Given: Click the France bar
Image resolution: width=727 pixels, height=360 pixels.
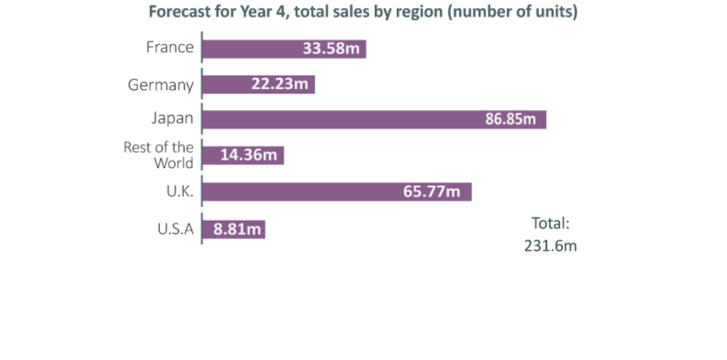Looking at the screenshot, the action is point(284,49).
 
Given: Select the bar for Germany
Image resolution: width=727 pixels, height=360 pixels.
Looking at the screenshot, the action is point(258,84).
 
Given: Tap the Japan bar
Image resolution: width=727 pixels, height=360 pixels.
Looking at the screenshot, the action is point(374,119).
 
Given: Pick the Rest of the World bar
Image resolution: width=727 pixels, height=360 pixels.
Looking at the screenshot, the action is point(243,155).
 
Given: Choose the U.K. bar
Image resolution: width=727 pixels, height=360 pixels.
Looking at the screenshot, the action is point(337,191).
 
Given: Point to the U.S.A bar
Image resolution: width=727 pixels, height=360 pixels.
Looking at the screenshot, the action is point(233,229).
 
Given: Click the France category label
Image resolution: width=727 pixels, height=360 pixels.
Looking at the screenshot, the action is point(170,47).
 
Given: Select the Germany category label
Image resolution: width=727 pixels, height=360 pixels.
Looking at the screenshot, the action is point(161,86).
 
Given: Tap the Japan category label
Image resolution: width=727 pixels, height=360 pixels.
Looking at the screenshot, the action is point(172,119).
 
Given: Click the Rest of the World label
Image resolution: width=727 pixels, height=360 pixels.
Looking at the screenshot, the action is point(159,155).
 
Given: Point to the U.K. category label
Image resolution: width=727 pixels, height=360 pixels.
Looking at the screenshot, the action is point(180,191).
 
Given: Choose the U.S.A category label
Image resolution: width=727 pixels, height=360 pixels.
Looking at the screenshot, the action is point(175,229).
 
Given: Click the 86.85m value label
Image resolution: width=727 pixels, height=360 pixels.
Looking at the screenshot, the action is point(511,119).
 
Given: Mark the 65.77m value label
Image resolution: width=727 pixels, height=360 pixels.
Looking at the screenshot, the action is point(432,191).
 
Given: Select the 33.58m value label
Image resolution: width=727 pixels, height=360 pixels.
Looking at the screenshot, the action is point(331,48).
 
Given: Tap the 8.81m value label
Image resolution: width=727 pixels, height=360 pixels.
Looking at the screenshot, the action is point(237,229).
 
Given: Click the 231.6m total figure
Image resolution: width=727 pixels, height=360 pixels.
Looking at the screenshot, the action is point(550,246).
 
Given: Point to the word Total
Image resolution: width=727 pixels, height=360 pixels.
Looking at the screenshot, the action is point(550,223).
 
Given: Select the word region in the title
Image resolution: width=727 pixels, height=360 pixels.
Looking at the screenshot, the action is point(420,12).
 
